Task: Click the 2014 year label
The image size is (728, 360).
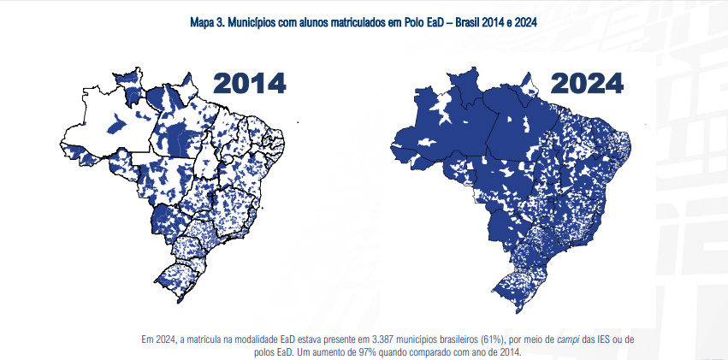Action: tap(249, 83)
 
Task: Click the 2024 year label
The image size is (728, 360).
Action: tap(587, 83)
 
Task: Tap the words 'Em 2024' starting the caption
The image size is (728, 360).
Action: tap(157, 339)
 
